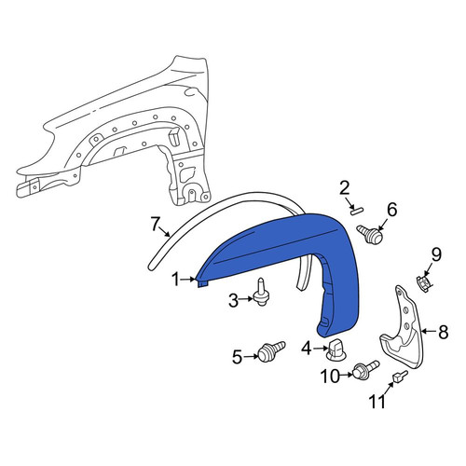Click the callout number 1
[176, 280]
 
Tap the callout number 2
[344, 189]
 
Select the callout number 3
[234, 300]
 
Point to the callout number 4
[307, 349]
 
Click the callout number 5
[237, 357]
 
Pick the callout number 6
[392, 210]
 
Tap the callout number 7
[156, 225]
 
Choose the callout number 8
[443, 332]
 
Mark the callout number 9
[436, 255]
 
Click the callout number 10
[330, 377]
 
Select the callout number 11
[377, 401]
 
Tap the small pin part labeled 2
[355, 211]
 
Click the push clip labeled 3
[262, 293]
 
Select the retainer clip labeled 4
[336, 350]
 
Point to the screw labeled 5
[270, 351]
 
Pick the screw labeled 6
[370, 233]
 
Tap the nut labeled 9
[423, 281]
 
